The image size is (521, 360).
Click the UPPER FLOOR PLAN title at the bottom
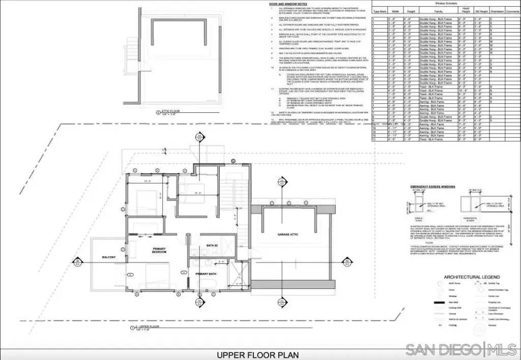click(257, 354)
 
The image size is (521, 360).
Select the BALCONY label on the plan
click(108, 257)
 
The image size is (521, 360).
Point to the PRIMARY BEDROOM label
click(159, 250)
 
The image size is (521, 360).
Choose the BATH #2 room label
click(212, 246)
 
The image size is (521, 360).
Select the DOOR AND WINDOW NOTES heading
click(288, 5)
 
